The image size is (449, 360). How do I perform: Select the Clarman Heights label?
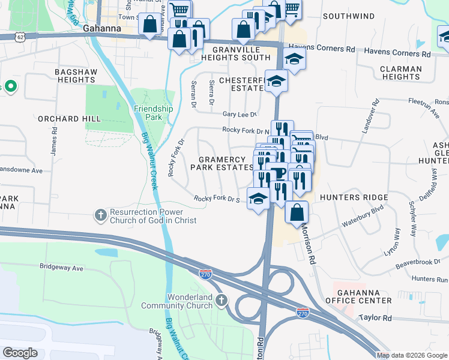coord(401,73)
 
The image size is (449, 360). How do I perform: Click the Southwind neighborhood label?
coord(348,16)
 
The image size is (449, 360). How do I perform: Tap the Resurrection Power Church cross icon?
coord(101,214)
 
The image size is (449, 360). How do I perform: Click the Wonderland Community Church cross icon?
coord(221,299)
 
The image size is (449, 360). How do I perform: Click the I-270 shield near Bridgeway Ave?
coord(205,274)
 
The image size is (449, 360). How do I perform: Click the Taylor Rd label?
coord(375,317)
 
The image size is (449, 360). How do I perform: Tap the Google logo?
coord(20,353)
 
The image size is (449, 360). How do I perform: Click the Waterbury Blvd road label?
coord(362,217)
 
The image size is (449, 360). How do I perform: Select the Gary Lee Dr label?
coord(240,113)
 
